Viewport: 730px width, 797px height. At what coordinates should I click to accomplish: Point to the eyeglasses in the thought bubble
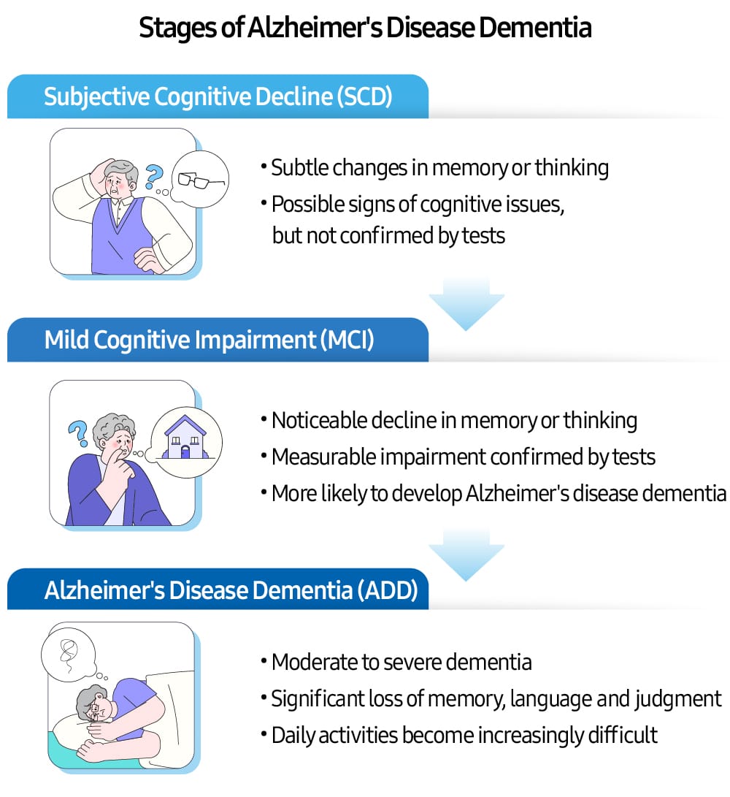point(199,179)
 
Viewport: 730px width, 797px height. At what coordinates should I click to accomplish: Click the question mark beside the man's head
point(153,176)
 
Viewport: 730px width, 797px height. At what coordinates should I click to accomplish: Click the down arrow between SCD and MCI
point(466,302)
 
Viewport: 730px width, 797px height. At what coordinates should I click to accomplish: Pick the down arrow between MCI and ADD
point(466,553)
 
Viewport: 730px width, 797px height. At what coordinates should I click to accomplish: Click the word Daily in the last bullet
point(290,735)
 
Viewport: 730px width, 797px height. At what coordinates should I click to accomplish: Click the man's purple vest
point(120,234)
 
